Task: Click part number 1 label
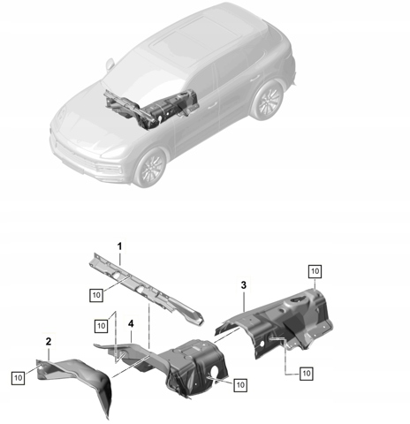pyautogui.click(x=119, y=246)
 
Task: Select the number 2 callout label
pyautogui.click(x=49, y=341)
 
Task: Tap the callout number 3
pyautogui.click(x=244, y=285)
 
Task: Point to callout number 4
pyautogui.click(x=131, y=324)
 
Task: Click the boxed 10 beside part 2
pyautogui.click(x=19, y=378)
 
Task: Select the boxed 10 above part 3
pyautogui.click(x=315, y=271)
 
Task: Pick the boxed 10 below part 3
pyautogui.click(x=307, y=374)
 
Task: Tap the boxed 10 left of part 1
pyautogui.click(x=96, y=295)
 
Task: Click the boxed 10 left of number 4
pyautogui.click(x=101, y=326)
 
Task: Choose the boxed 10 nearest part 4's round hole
pyautogui.click(x=240, y=385)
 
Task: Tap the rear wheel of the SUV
pyautogui.click(x=268, y=100)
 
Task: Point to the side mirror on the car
pyautogui.click(x=110, y=64)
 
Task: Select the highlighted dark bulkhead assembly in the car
pyautogui.click(x=152, y=109)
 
